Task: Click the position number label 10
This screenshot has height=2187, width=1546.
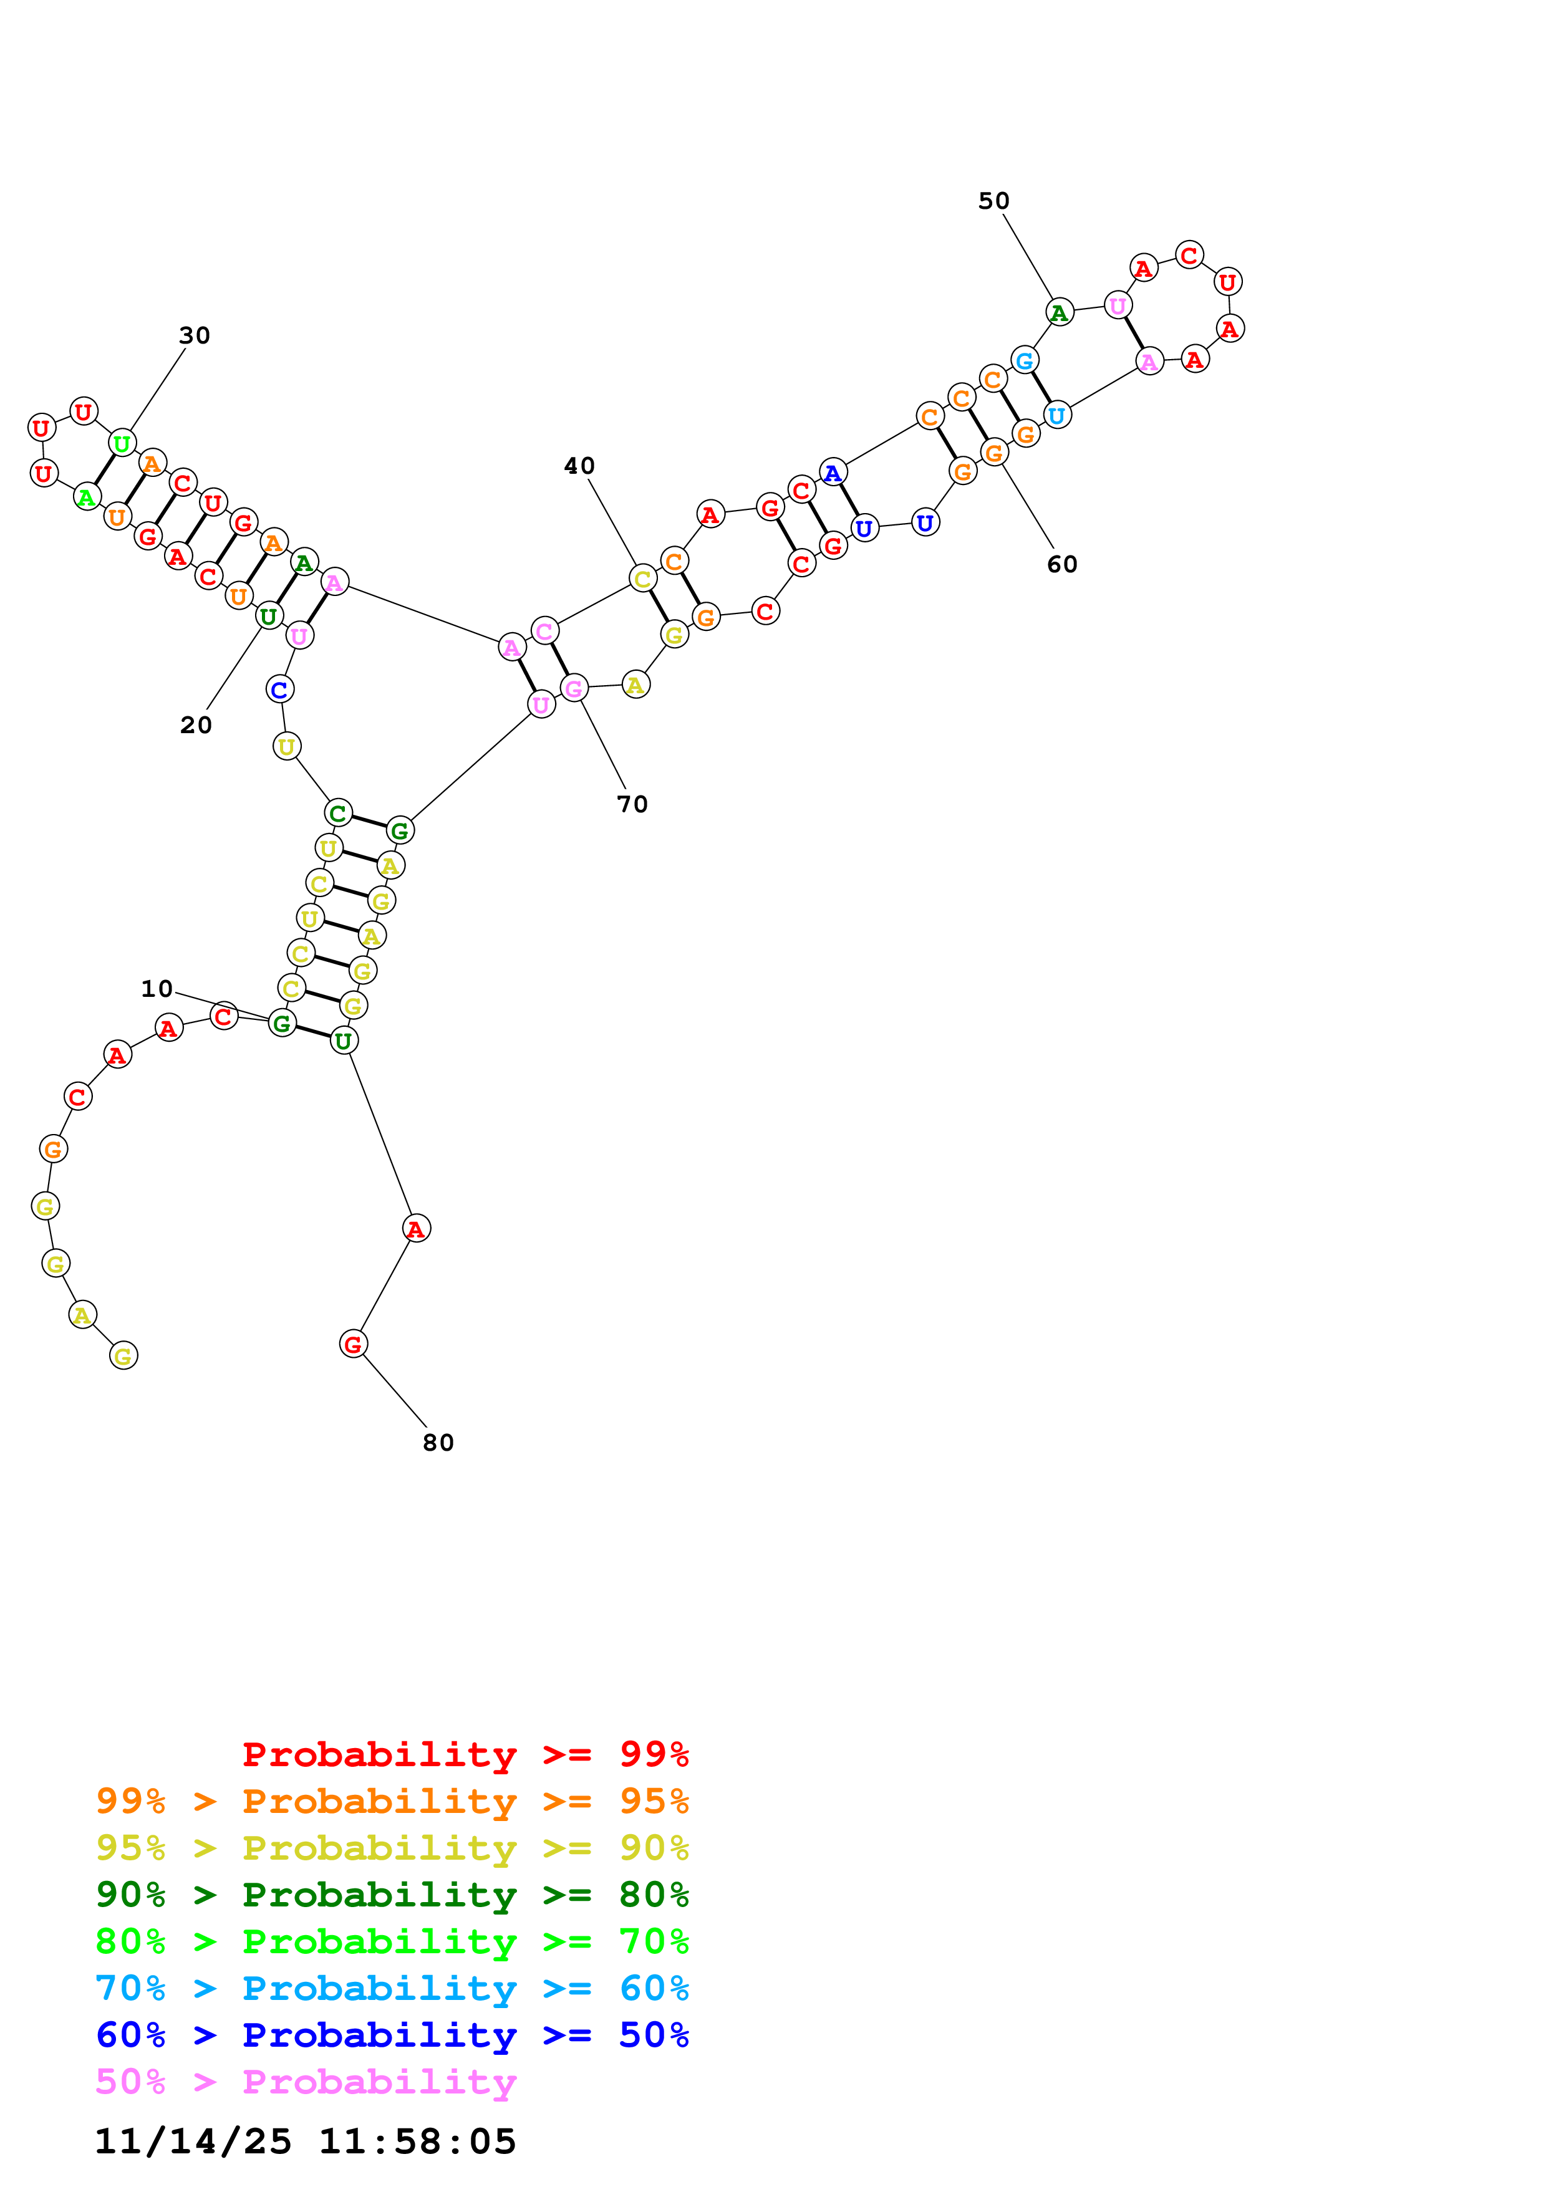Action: pos(157,989)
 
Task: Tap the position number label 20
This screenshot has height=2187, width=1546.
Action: pos(196,725)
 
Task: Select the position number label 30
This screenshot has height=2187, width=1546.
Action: pos(195,335)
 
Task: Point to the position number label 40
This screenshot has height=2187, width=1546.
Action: pos(579,466)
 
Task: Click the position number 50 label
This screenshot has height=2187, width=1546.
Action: pos(993,201)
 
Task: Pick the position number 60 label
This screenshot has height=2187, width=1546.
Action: pos(1062,565)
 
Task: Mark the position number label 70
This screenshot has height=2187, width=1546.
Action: pos(632,805)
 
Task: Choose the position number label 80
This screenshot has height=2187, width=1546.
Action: pos(438,1443)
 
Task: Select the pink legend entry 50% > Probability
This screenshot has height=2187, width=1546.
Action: pos(306,2082)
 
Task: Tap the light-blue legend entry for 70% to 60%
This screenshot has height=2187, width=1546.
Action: pos(392,1989)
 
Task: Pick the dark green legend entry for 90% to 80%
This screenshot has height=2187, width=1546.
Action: pos(392,1895)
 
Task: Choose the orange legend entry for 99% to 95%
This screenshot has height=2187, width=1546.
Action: pos(392,1801)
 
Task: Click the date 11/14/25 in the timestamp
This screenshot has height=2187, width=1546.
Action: pos(193,2142)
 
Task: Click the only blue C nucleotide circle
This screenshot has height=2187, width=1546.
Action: pos(279,690)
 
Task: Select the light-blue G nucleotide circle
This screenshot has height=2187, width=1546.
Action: pos(1024,361)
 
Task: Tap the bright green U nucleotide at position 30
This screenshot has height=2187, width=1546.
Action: pos(122,443)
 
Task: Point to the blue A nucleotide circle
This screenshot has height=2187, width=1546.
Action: pos(833,473)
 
